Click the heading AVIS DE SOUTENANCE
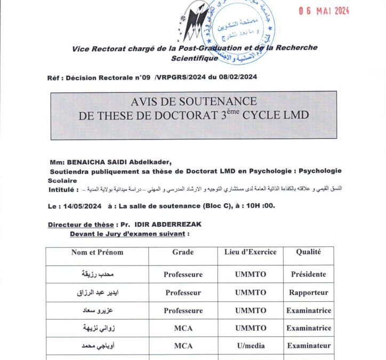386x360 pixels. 194,101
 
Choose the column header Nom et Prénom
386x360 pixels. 97,252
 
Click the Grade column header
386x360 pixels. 183,252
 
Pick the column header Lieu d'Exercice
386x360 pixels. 251,252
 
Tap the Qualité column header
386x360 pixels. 308,252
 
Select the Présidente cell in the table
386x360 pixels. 308,275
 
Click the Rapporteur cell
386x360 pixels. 308,293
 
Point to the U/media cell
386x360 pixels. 250,346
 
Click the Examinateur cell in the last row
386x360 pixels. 308,346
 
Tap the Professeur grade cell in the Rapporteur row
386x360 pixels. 183,293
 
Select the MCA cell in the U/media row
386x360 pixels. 183,346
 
